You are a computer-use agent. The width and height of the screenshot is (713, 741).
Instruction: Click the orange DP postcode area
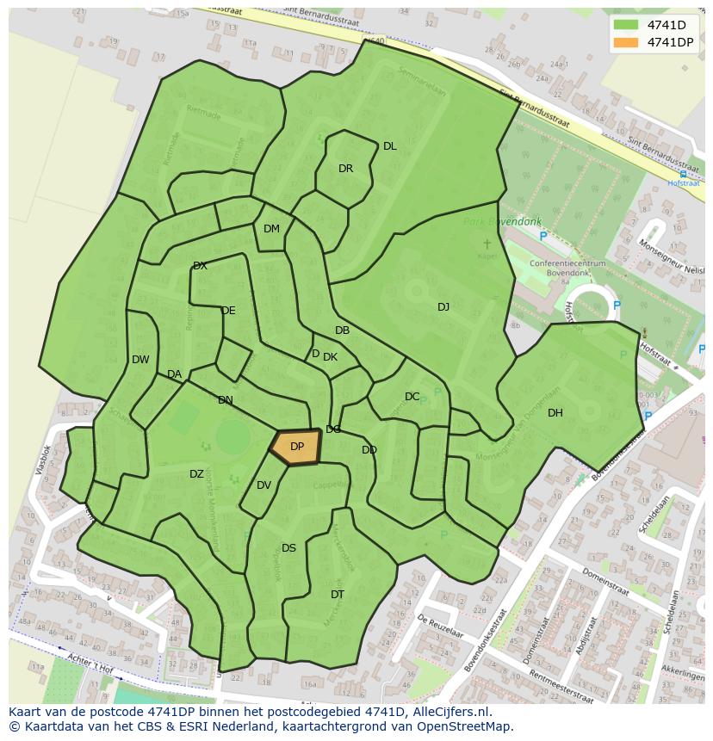pyautogui.click(x=296, y=448)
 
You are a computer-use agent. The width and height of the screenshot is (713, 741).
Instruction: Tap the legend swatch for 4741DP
pyautogui.click(x=627, y=42)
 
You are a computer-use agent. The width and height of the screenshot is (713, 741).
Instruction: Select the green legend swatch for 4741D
pyautogui.click(x=627, y=25)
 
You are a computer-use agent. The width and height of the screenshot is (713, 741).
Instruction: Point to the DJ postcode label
pyautogui.click(x=443, y=307)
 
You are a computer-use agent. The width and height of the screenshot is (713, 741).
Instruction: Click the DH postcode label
pyautogui.click(x=555, y=413)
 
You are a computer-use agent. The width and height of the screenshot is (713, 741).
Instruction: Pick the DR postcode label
pyautogui.click(x=345, y=169)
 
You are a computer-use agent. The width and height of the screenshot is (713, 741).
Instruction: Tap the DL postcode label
pyautogui.click(x=390, y=146)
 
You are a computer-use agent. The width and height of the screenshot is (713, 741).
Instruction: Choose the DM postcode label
pyautogui.click(x=271, y=229)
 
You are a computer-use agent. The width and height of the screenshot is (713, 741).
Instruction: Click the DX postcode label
pyautogui.click(x=200, y=266)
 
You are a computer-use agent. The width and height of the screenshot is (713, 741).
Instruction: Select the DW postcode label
pyautogui.click(x=140, y=360)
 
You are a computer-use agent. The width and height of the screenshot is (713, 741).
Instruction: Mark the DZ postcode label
pyautogui.click(x=196, y=474)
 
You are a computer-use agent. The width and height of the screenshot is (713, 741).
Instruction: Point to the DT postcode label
pyautogui.click(x=338, y=595)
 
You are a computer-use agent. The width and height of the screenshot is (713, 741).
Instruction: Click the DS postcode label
pyautogui.click(x=288, y=548)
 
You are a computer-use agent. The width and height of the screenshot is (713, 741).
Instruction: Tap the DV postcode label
pyautogui.click(x=263, y=485)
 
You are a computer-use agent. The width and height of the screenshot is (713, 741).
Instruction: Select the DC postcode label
pyautogui.click(x=412, y=397)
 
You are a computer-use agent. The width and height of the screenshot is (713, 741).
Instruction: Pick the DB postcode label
pyautogui.click(x=342, y=330)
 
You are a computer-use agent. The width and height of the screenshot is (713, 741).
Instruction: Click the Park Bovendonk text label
pyautogui.click(x=496, y=222)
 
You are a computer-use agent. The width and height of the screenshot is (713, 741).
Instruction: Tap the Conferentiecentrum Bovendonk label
pyautogui.click(x=567, y=269)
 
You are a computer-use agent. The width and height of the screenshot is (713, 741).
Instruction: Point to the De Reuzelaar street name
pyautogui.click(x=440, y=625)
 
